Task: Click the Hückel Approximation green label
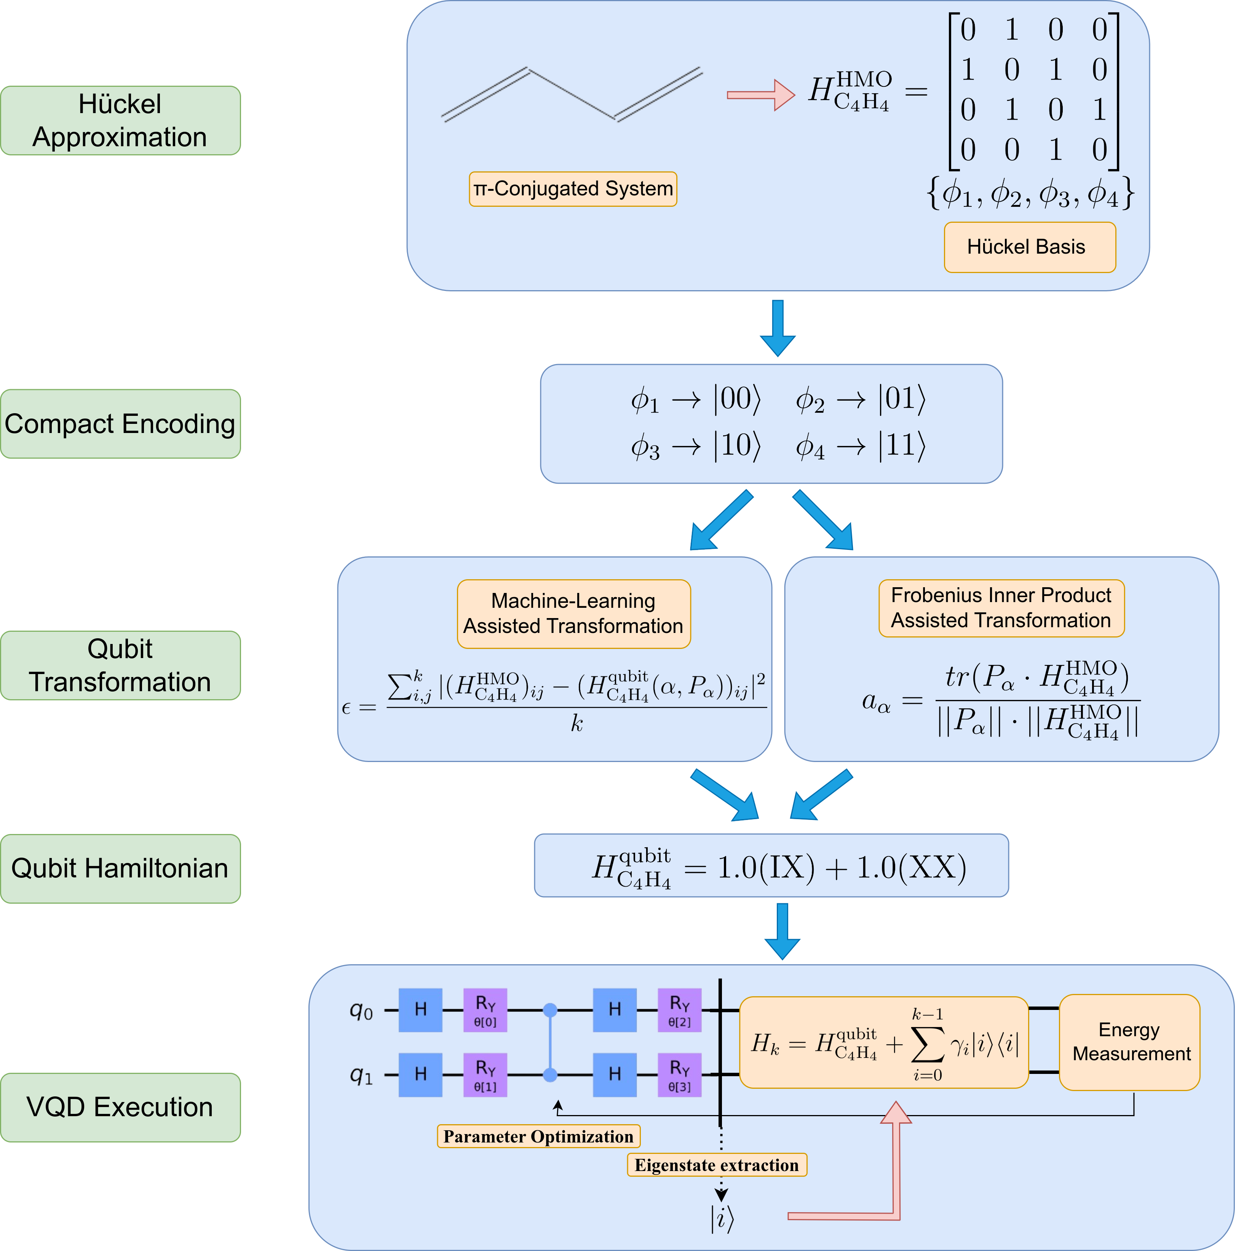[x=120, y=120]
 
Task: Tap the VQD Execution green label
[x=120, y=1107]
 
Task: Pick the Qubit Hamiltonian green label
[x=120, y=868]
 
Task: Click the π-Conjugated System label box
[x=573, y=189]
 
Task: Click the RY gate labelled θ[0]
[x=485, y=1010]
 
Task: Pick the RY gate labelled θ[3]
[x=679, y=1075]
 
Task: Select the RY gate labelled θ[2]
[x=679, y=1010]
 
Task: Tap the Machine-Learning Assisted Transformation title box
[x=574, y=614]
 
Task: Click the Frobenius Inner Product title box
[x=1001, y=608]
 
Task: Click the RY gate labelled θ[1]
[x=485, y=1075]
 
